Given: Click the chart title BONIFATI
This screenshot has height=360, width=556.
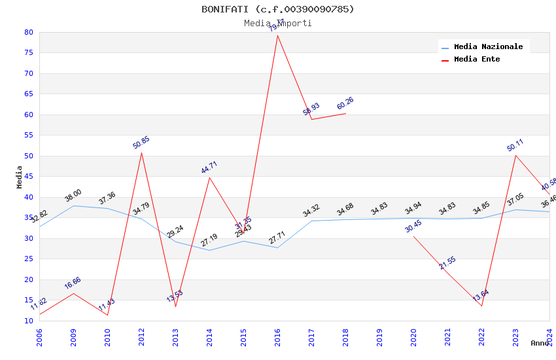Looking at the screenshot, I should (277, 9).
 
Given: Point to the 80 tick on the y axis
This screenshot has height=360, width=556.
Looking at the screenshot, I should (28, 32).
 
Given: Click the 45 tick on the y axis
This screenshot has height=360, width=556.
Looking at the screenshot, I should (28, 177).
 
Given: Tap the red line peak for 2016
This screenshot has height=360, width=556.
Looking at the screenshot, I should (277, 35).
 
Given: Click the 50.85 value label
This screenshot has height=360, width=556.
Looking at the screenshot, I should (141, 143).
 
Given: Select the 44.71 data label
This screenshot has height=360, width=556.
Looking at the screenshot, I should (209, 168).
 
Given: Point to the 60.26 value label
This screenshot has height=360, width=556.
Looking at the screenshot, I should (345, 103).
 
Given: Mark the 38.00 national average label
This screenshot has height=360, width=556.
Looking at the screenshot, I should (73, 195).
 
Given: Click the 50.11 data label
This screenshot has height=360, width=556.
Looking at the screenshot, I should (515, 145).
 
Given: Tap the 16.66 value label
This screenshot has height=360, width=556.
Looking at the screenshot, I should (73, 283).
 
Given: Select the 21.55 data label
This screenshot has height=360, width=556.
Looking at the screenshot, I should (447, 263).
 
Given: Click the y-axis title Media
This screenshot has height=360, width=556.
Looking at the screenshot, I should (20, 177).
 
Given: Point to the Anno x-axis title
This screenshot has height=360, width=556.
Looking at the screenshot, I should (540, 343).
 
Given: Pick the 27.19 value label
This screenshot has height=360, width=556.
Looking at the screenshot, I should (209, 240).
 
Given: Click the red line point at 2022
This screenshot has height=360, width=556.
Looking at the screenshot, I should (481, 306).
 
